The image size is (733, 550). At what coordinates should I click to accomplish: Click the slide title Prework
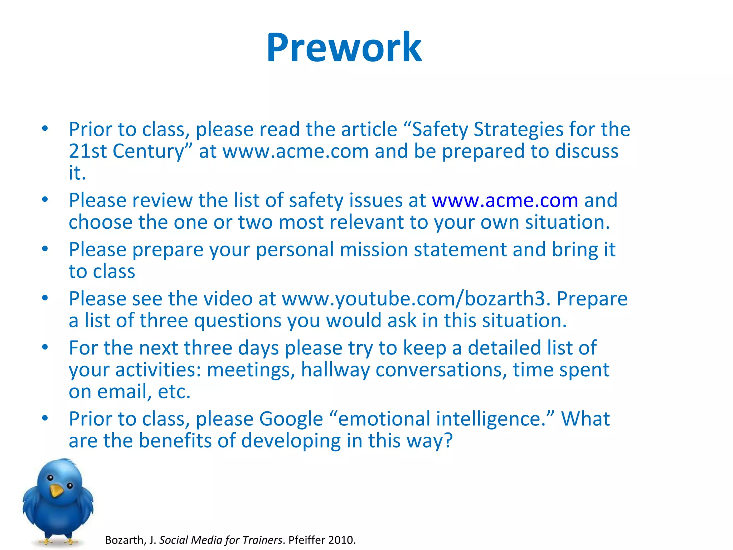point(344,48)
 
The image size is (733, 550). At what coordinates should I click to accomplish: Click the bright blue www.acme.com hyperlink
point(505,201)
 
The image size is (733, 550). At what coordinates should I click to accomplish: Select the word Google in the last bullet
point(291,419)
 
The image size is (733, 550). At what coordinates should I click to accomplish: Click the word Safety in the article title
point(440,130)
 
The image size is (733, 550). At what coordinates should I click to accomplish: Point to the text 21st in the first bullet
point(88,151)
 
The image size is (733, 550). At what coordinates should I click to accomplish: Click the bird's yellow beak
point(56,490)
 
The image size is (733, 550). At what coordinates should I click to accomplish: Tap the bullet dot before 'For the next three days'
point(45,347)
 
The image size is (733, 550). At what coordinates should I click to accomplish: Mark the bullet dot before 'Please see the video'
point(45,298)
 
